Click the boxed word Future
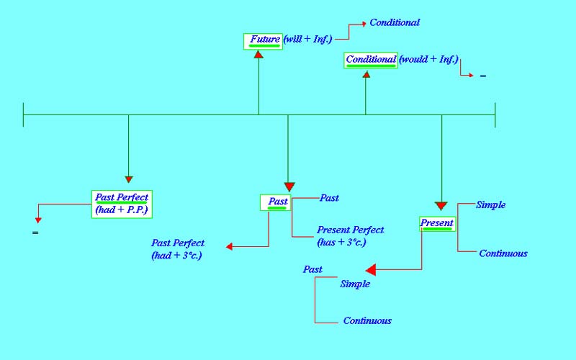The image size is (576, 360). pos(264,40)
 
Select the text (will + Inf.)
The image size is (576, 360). pos(307,40)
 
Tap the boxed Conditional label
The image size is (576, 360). pos(371,60)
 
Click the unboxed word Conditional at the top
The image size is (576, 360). pos(395,22)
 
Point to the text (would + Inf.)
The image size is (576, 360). pos(428,60)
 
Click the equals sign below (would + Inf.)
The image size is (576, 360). pos(482,76)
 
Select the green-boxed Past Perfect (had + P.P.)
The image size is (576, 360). pos(122,204)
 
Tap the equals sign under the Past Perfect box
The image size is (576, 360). pos(34,233)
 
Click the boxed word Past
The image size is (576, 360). pos(276,202)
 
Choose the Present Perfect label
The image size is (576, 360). pos(351,230)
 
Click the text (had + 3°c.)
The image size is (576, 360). pos(176,256)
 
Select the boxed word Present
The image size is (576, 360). pos(437,223)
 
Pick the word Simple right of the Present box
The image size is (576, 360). pos(491,205)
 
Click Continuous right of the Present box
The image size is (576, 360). pos(503,253)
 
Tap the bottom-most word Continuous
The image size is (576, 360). pos(367,321)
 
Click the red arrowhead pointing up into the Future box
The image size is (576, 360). pos(258,54)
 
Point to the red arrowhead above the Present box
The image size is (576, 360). pos(441,206)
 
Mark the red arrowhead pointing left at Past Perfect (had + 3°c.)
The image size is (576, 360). pos(230,247)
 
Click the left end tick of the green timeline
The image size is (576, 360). pos(24,114)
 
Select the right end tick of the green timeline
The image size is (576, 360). pos(495,114)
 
